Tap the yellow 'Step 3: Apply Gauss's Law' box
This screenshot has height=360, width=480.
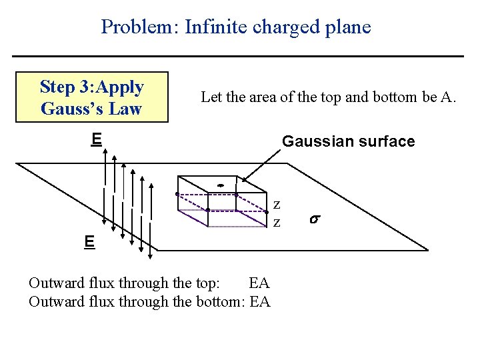tap(92, 97)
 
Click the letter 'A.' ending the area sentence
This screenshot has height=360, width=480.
tap(449, 97)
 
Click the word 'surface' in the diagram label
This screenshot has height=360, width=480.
tap(386, 141)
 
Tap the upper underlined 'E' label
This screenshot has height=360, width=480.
tap(97, 139)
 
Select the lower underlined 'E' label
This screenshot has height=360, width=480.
tap(89, 241)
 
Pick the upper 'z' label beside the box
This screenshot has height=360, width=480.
tap(277, 205)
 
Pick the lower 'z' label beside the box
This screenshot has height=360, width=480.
tap(277, 221)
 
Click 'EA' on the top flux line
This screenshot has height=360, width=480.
tap(259, 283)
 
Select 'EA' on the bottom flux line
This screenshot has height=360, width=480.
tap(259, 302)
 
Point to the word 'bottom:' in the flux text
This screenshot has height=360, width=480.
tap(219, 302)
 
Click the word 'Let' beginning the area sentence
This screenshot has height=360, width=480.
tap(211, 97)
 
